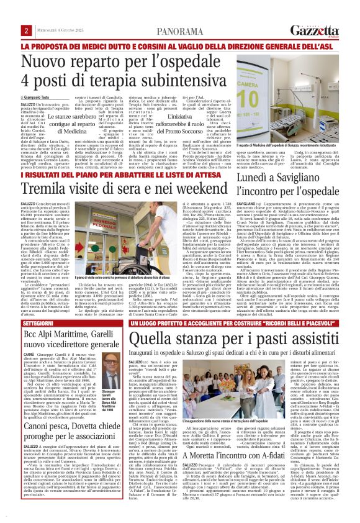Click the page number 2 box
tap(27, 13)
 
